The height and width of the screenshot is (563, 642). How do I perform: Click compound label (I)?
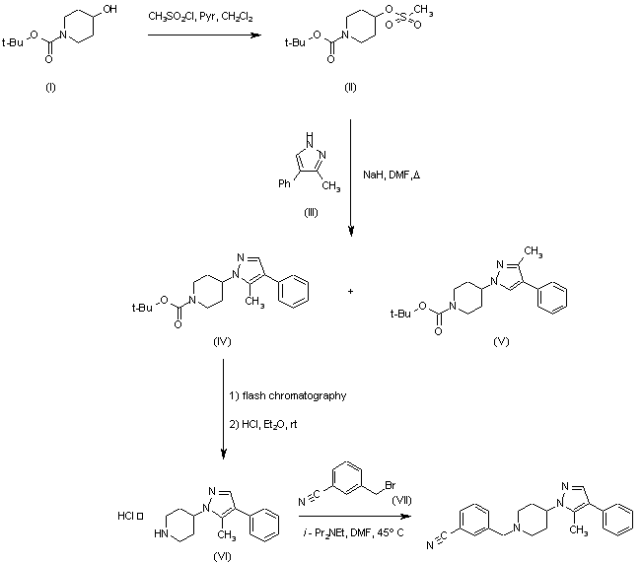50,87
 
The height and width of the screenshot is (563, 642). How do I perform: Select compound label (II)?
350,87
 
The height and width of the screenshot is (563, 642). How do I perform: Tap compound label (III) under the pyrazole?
311,213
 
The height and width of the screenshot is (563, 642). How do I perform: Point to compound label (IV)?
222,341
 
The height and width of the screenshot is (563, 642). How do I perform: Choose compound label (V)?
501,341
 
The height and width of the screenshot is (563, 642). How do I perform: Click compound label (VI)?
222,556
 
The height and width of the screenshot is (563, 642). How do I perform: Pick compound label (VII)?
401,500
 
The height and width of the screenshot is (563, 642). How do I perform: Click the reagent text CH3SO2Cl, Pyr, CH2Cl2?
200,17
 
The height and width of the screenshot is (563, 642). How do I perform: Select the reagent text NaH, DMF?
387,175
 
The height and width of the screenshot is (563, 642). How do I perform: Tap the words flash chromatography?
294,395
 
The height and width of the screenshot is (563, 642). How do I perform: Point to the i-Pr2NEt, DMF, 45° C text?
353,532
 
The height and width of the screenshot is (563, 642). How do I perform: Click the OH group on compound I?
109,9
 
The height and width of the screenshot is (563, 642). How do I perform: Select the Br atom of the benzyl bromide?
390,485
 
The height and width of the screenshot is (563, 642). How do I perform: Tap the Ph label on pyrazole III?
284,183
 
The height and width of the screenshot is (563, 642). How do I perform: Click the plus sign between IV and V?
350,292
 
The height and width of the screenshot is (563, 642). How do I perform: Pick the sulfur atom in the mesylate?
403,16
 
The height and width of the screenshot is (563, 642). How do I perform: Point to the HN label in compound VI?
161,533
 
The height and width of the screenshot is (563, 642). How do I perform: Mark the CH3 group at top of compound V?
534,250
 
